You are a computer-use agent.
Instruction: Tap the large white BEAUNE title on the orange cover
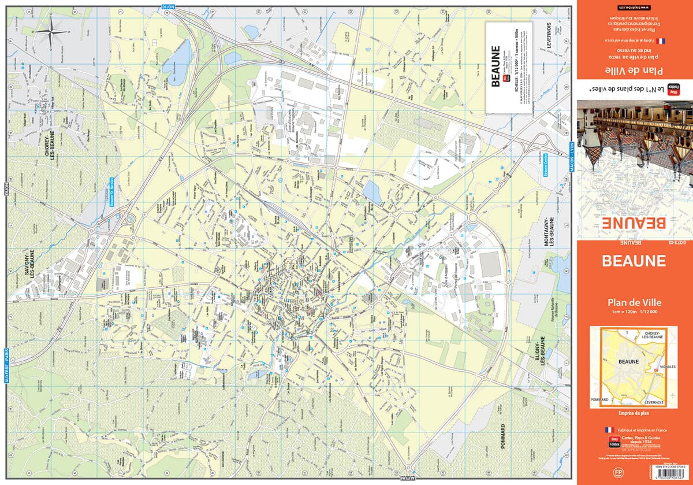[634, 260]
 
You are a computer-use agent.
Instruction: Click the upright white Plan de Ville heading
[634, 301]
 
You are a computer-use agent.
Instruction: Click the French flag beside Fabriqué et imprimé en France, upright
[608, 430]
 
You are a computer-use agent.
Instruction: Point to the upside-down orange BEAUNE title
[634, 223]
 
